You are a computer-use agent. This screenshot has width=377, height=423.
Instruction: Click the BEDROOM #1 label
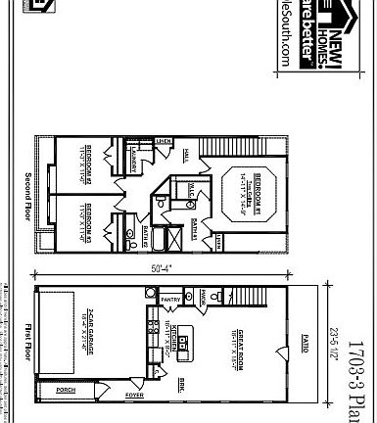pos(253,185)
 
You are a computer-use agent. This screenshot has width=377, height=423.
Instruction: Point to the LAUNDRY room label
pos(131,157)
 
